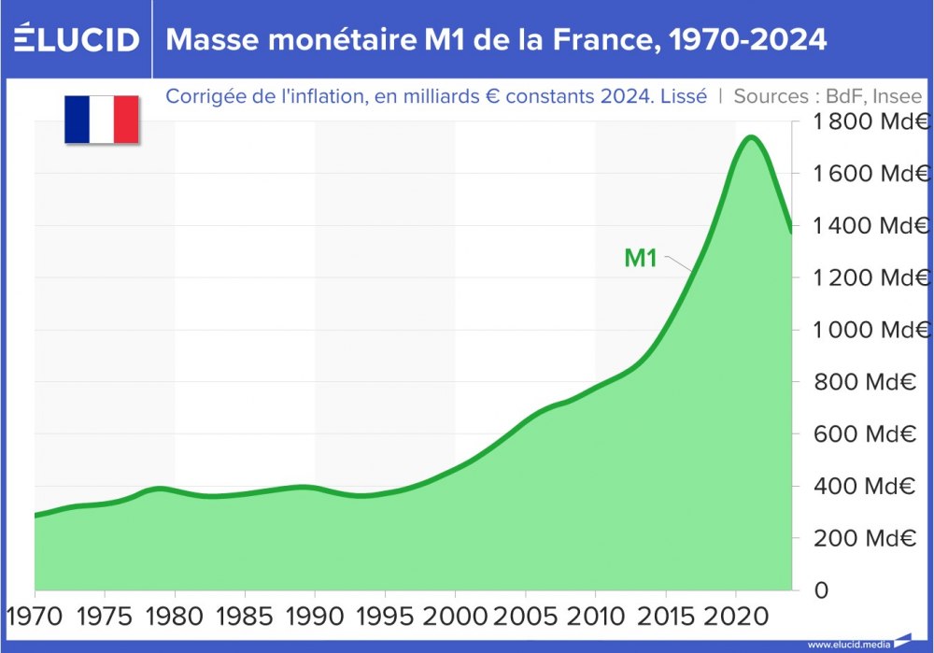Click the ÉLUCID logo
point(77,39)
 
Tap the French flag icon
point(102,120)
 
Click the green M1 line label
point(641,259)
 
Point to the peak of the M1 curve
point(750,138)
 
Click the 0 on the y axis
point(821,590)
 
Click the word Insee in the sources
point(898,96)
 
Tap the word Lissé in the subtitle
point(684,96)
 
